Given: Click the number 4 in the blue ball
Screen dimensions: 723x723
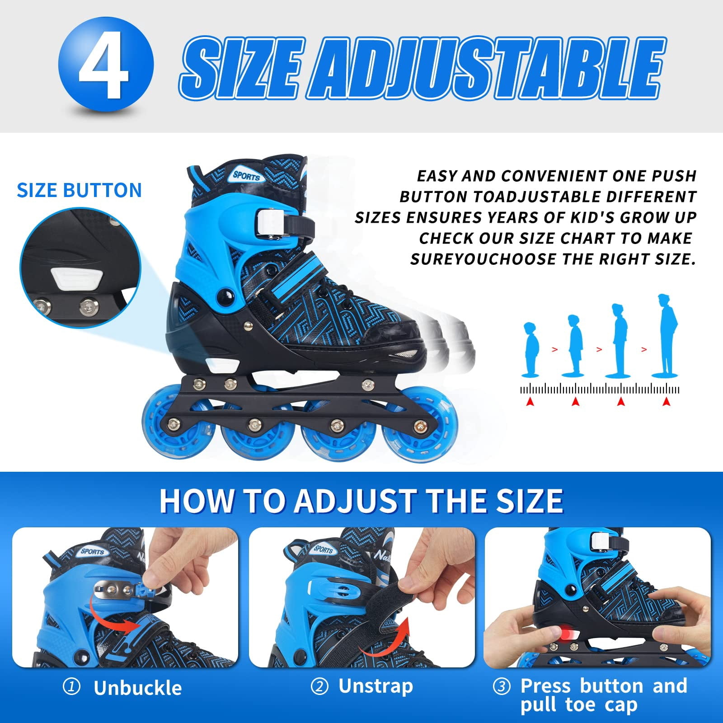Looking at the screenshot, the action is point(105,66).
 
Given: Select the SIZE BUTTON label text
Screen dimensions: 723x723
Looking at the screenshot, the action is point(79,190).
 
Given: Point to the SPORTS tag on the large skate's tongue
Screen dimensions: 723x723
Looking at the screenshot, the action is point(246,175).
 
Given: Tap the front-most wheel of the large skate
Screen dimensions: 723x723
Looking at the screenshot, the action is point(419,434).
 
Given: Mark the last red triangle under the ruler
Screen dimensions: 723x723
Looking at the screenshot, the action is point(666,401).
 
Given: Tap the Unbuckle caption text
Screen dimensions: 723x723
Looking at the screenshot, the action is point(137,688).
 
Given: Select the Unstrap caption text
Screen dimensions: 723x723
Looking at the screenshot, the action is point(376,686).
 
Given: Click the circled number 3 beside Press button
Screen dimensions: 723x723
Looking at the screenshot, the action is point(502,687).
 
